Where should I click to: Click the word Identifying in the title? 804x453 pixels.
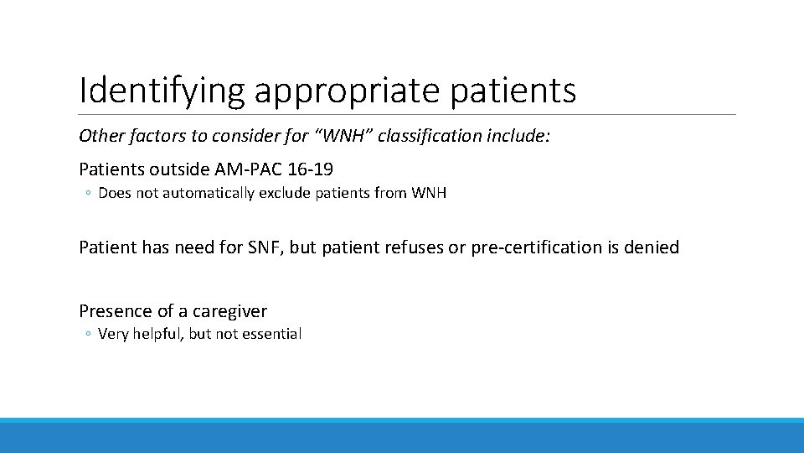162,91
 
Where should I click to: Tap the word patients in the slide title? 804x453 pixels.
513,91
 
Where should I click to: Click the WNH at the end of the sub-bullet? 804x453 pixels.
429,193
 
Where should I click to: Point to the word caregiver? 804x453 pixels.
229,311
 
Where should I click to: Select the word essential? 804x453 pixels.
272,334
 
